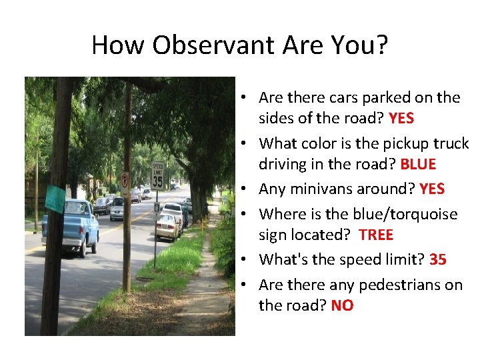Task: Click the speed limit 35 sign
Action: pos(157,175)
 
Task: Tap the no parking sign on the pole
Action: pos(124,184)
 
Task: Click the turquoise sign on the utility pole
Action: pos(55,198)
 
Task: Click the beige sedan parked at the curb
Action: pos(167,227)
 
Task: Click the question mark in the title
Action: pos(381,45)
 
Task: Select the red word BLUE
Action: pos(418,164)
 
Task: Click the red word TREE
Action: pos(376,235)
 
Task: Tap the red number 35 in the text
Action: pos(437,259)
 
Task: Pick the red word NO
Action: pos(342,306)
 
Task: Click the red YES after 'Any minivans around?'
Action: pos(432,189)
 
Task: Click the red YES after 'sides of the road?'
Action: pos(401,119)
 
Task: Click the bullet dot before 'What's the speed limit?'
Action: pos(245,260)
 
